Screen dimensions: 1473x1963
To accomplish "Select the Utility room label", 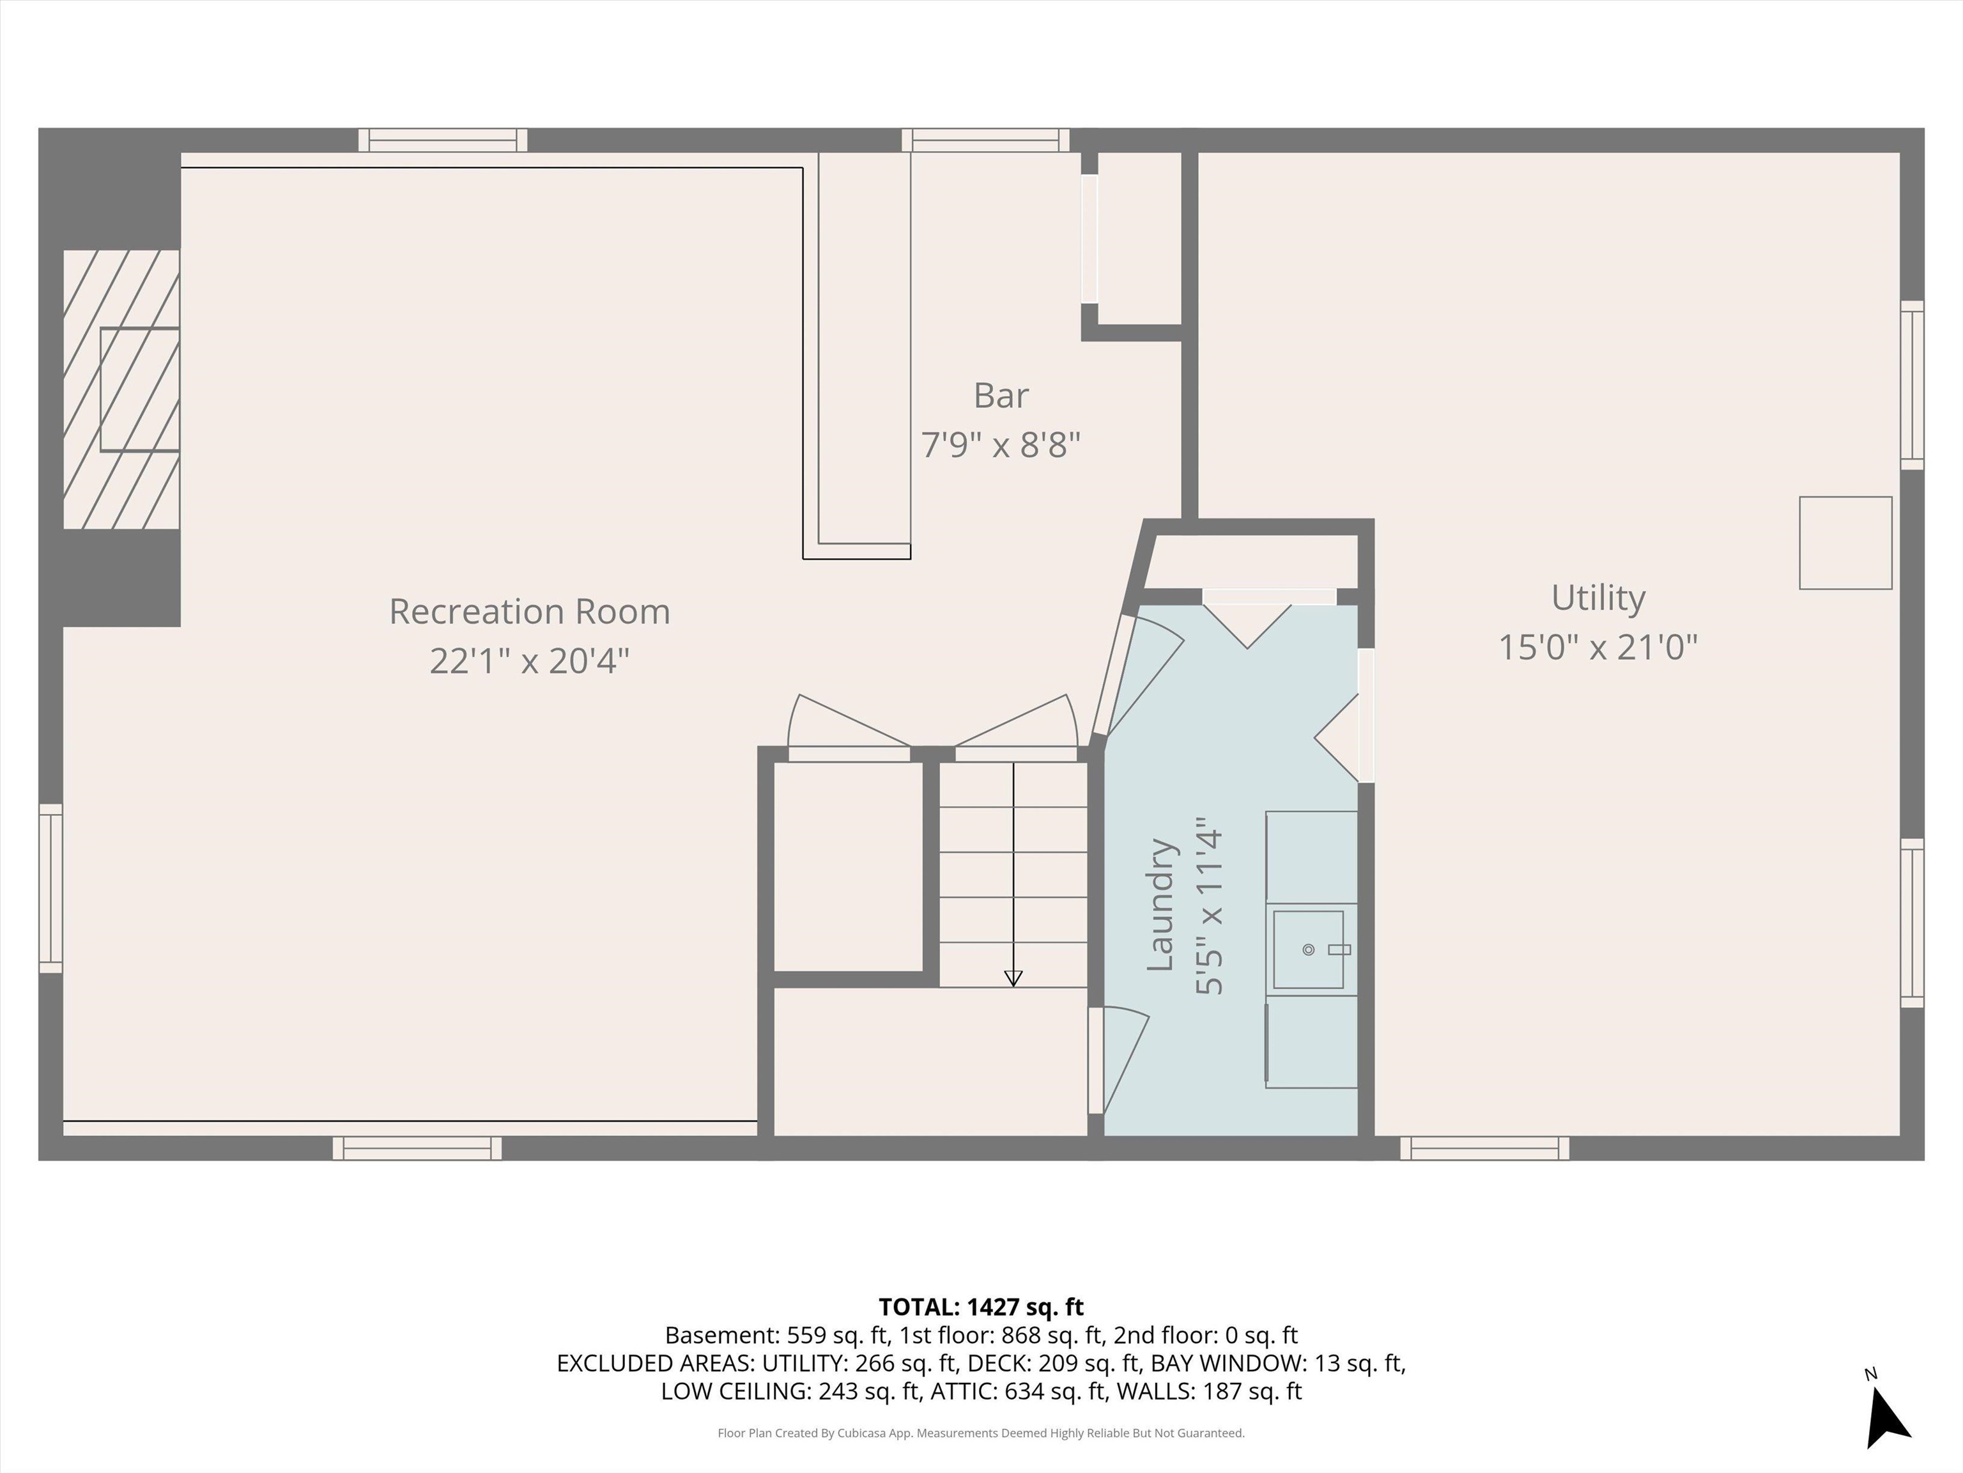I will tap(1597, 598).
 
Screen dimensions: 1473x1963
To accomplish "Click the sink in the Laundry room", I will tap(1308, 949).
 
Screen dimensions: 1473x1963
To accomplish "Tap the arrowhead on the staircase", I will tap(1013, 978).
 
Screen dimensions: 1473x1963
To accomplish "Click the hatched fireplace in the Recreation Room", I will tap(121, 389).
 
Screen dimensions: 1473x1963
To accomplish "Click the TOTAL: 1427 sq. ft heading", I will tap(981, 1307).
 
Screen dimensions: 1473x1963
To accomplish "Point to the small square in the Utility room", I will tap(1845, 543).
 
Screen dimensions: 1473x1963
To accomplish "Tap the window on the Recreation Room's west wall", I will tap(50, 888).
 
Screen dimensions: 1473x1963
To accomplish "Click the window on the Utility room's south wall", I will tap(1484, 1148).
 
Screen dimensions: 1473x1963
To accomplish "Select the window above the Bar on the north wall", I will tap(985, 140).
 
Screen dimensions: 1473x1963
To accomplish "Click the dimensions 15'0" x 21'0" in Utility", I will tap(1597, 647).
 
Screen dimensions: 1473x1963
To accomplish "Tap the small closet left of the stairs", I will tap(849, 866).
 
